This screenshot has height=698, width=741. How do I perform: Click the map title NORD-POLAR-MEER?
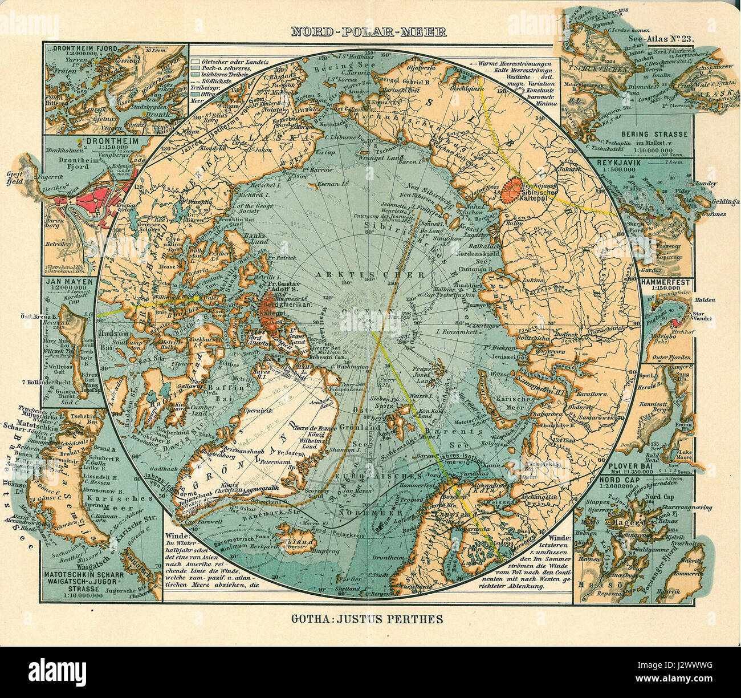tap(369, 31)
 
